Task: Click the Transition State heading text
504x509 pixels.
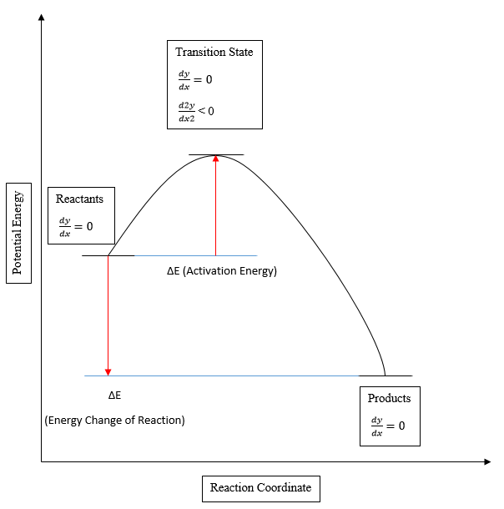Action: pos(214,52)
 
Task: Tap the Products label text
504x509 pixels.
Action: pos(389,398)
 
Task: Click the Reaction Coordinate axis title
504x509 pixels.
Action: pos(260,487)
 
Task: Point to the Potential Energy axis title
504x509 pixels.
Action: pos(18,234)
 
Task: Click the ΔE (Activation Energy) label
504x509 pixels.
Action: pos(221,271)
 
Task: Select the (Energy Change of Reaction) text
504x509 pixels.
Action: pos(114,420)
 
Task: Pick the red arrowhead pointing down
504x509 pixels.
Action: pos(108,371)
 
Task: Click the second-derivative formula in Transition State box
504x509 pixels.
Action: pos(195,110)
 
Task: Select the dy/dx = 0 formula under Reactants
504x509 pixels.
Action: pos(75,226)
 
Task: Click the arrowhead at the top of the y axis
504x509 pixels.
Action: pos(41,17)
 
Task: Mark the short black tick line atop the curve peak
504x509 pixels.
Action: pos(216,155)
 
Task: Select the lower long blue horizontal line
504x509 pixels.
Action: pos(234,375)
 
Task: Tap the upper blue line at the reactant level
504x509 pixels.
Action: pos(196,255)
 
